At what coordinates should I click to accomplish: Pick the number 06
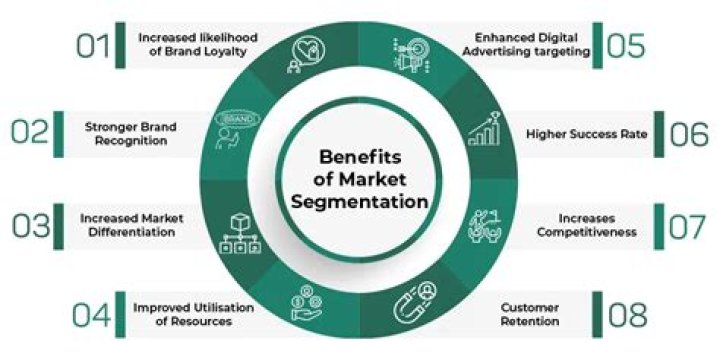689,134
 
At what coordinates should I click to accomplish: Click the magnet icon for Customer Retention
415,303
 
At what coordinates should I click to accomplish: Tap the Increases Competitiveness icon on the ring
486,224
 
